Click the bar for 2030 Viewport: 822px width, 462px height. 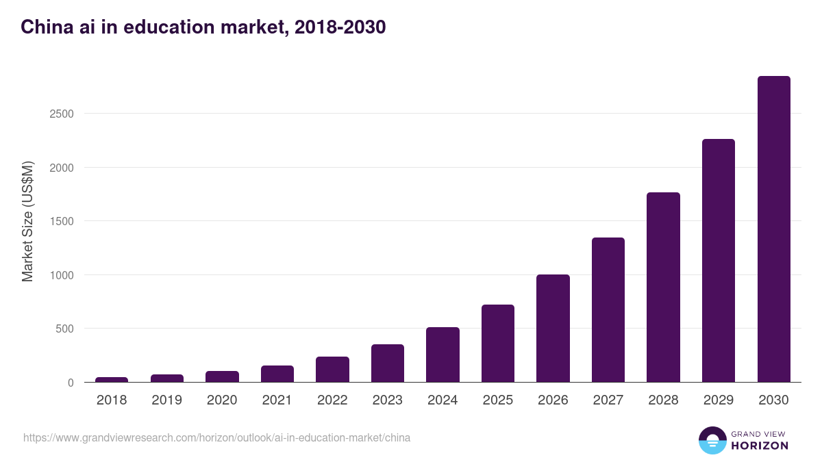coord(773,229)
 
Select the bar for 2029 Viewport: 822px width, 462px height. coord(718,261)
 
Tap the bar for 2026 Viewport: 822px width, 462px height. coord(553,329)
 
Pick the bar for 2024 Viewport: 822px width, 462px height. coord(443,355)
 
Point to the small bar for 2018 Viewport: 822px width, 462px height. coord(112,379)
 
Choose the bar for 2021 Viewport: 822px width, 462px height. coord(277,374)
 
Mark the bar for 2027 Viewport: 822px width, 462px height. coord(608,309)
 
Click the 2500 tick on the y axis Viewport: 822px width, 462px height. coord(61,114)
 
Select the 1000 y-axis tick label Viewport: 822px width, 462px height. coord(61,275)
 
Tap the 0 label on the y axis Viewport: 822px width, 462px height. coord(70,383)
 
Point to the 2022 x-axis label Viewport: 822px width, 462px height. coord(332,400)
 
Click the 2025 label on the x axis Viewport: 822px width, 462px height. coord(497,400)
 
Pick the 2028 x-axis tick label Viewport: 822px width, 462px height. coord(663,400)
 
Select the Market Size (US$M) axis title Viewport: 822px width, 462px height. coord(27,221)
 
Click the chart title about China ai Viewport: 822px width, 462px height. coord(203,27)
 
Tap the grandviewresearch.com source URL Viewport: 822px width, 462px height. coord(216,437)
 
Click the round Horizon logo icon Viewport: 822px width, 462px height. coord(712,440)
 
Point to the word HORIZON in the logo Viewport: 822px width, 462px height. coord(760,446)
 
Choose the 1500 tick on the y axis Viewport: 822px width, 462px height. coord(61,221)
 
